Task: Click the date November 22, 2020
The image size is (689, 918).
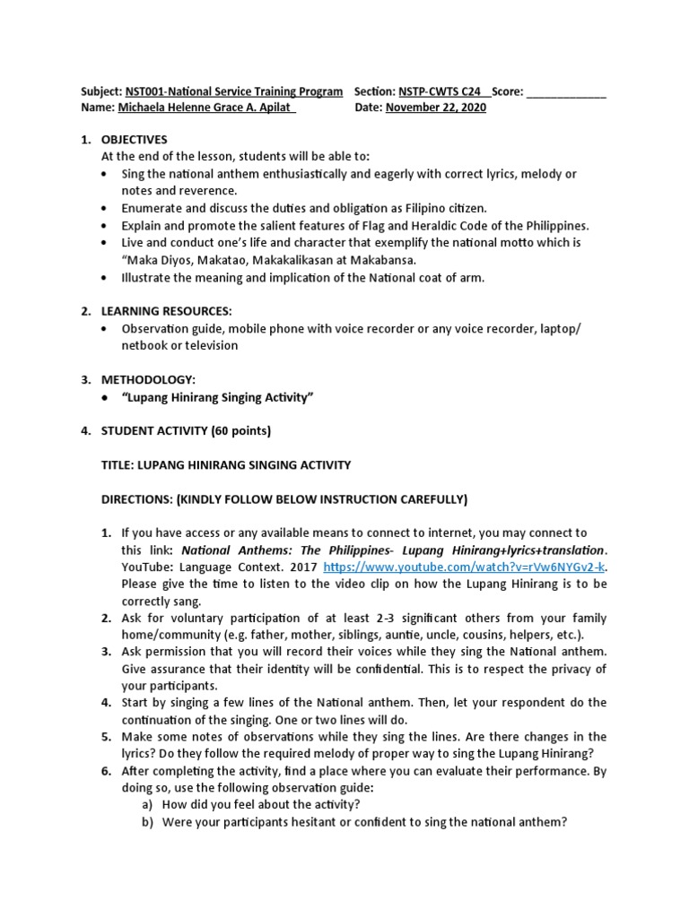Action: tap(436, 108)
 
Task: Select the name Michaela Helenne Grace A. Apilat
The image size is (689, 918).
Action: tap(193, 108)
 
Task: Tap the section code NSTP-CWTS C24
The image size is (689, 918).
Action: tap(440, 91)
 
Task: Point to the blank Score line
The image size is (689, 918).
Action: tap(565, 91)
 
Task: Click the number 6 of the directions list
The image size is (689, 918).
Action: tap(105, 771)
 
